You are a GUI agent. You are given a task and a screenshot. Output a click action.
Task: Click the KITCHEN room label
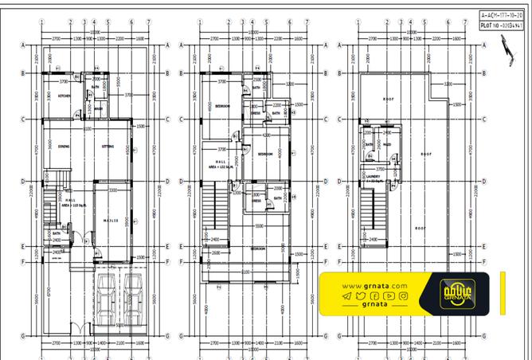[x=65, y=97]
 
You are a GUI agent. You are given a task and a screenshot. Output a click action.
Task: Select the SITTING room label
[x=108, y=147]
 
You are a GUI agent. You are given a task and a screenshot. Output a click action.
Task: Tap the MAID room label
[x=386, y=145]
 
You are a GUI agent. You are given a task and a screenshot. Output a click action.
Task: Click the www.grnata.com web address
[x=375, y=286]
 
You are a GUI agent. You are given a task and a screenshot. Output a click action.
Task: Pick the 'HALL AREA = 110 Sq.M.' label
[x=71, y=202]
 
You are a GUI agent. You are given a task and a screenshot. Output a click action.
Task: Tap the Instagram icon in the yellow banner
[x=404, y=296]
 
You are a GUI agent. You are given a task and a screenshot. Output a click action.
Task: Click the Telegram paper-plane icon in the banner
[x=346, y=296]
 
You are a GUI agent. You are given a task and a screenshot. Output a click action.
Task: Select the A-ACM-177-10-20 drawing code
[x=500, y=14]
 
